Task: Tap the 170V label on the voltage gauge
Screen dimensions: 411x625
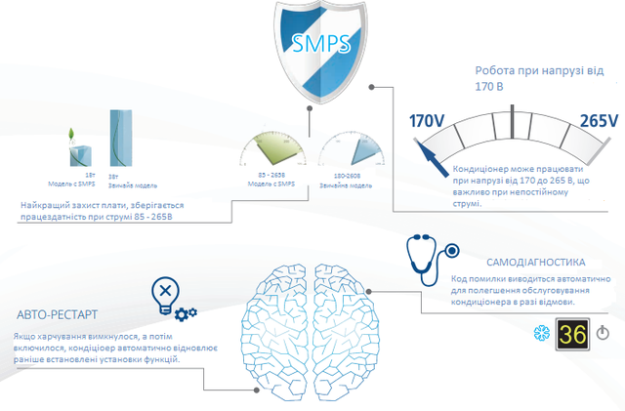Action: click(428, 122)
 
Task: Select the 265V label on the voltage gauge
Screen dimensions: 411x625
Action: click(599, 121)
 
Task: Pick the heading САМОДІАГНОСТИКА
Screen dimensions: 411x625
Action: click(535, 263)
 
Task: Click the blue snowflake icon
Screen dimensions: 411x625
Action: click(539, 334)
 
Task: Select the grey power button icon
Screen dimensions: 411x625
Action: click(603, 334)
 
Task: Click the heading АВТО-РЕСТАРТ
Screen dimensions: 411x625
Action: click(57, 314)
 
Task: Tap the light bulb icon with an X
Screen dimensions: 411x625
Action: click(166, 294)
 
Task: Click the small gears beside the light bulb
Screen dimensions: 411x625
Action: click(186, 312)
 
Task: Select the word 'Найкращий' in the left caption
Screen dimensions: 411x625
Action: click(42, 204)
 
